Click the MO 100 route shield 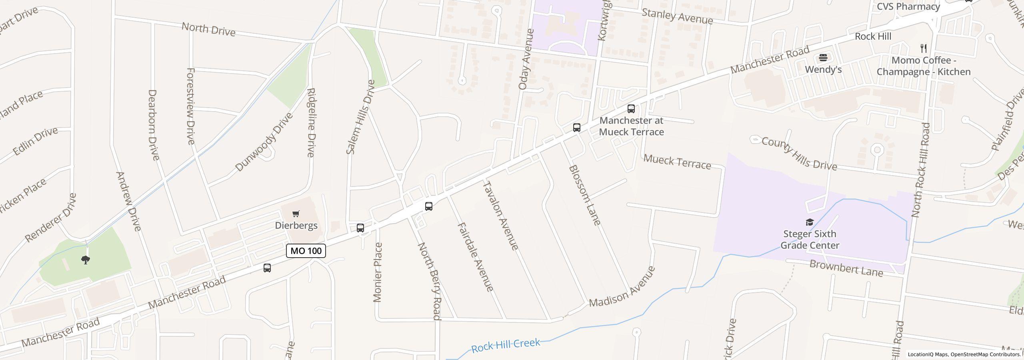click(x=306, y=251)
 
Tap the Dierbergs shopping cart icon click(x=296, y=214)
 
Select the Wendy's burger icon click(x=823, y=58)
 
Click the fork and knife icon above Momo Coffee click(x=924, y=48)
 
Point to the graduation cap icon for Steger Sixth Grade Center click(x=810, y=222)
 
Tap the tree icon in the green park click(x=85, y=260)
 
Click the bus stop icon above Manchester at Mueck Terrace click(x=631, y=109)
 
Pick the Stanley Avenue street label click(x=677, y=16)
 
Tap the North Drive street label click(x=208, y=29)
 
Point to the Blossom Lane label click(x=584, y=195)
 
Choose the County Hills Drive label click(x=799, y=154)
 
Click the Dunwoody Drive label click(x=264, y=142)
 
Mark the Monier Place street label click(x=378, y=272)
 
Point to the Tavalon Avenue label click(x=501, y=215)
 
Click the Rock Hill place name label click(x=873, y=36)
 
